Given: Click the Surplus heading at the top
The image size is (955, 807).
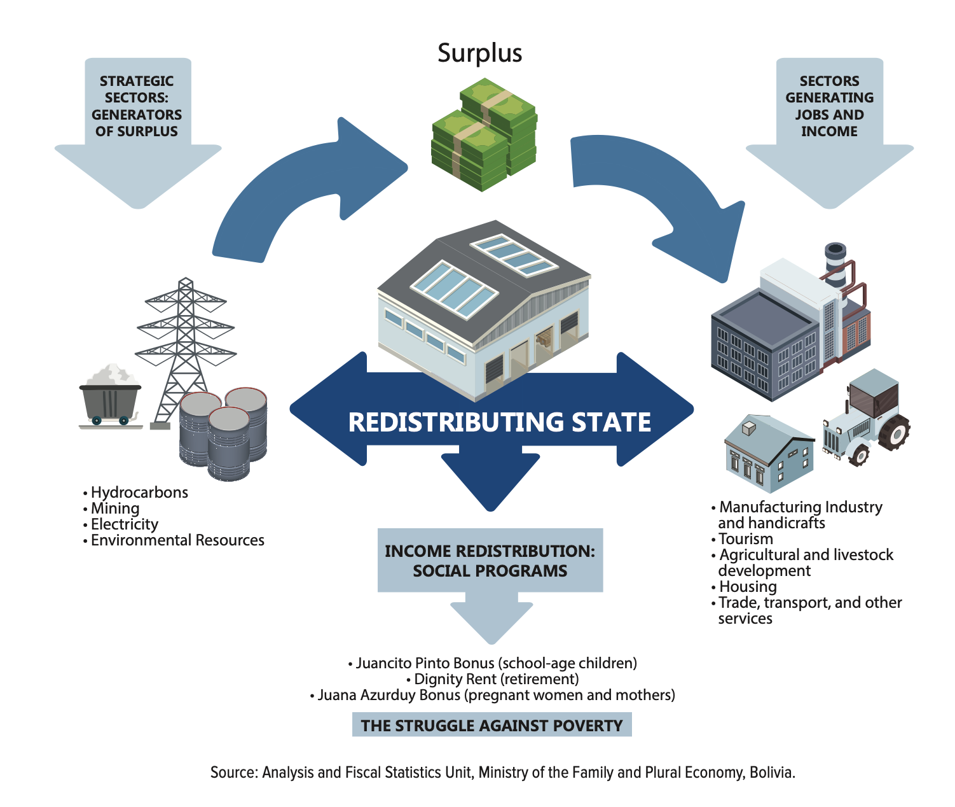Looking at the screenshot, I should coord(480,53).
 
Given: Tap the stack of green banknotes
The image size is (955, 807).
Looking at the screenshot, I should coord(484,135).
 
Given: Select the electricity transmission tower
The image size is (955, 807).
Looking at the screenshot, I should coord(185,344).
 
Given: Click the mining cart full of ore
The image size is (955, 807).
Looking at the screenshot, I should coord(111,395).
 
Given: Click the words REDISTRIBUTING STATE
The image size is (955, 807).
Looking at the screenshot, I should coord(499,423).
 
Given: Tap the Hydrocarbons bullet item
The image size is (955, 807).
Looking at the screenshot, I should coord(139,493).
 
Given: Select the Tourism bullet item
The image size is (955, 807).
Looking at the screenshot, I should coord(745,539).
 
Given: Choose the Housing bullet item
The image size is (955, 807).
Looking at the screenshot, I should coord(747,587).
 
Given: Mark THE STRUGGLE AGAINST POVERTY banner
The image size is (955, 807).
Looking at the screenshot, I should coord(491,726).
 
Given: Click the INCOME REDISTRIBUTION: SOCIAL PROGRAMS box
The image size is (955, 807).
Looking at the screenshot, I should coord(490,561).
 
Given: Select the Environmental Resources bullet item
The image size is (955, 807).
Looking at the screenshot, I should coord(177,540).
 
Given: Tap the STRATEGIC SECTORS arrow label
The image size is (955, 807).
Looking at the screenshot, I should coord(137,106).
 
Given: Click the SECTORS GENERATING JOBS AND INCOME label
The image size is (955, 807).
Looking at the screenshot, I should coord(829,106).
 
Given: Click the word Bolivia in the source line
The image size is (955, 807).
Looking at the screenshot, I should coord(772,773).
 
